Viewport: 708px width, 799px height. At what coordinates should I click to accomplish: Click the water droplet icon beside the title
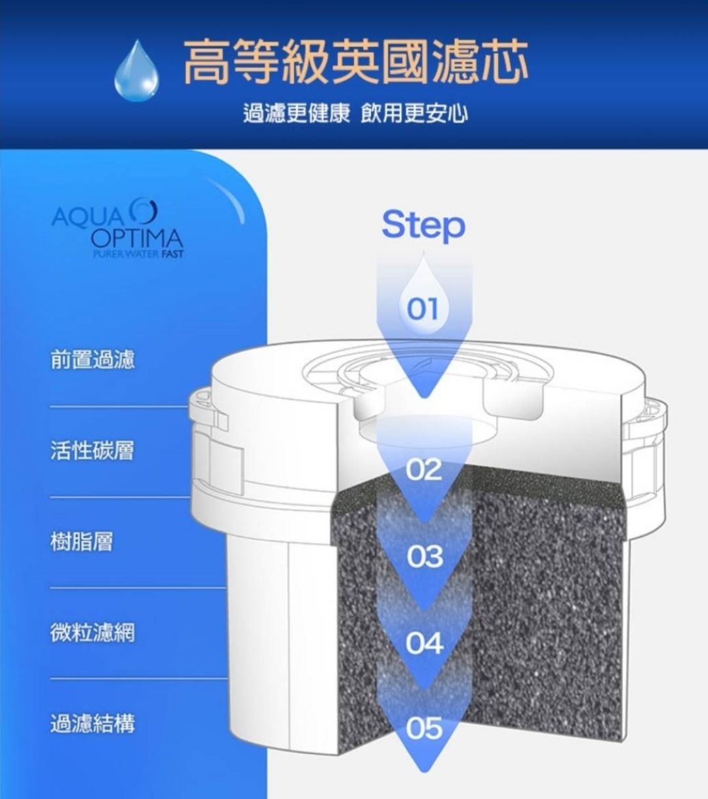click(136, 72)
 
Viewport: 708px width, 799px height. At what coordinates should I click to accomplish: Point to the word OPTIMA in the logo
click(137, 237)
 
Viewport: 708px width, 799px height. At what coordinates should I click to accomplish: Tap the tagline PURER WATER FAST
click(138, 254)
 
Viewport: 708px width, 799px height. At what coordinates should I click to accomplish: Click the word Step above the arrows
click(423, 224)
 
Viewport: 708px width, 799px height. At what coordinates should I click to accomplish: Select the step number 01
click(423, 308)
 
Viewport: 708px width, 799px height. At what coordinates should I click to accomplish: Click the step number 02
click(424, 470)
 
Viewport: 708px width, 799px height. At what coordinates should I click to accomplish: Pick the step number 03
click(424, 557)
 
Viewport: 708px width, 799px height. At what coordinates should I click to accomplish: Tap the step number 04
click(424, 643)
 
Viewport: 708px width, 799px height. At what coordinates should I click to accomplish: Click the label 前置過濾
click(92, 359)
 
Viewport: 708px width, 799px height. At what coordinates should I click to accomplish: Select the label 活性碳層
click(92, 451)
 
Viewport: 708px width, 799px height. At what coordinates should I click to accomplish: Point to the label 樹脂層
click(82, 542)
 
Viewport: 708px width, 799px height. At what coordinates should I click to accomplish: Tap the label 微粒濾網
click(92, 633)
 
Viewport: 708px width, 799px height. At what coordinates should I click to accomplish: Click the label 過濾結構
click(92, 724)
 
